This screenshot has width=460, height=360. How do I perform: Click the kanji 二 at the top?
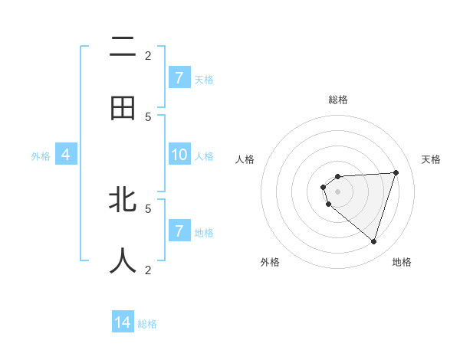tap(123, 47)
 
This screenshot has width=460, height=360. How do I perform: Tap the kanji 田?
tap(123, 107)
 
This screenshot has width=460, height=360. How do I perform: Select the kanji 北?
tap(123, 200)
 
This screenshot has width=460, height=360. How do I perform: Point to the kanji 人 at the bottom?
tap(123, 260)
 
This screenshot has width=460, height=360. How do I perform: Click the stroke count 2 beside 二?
tap(148, 55)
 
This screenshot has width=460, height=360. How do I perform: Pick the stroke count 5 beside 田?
tap(148, 116)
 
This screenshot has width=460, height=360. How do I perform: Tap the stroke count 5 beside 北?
tap(148, 208)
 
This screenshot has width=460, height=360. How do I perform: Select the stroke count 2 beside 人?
tap(148, 270)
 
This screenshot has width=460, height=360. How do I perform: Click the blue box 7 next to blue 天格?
tap(179, 77)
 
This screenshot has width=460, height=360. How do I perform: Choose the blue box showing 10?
tap(179, 155)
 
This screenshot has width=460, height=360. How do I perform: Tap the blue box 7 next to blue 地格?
tap(179, 231)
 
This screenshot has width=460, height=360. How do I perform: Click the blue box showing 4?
tap(66, 155)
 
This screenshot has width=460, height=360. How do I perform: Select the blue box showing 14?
tap(123, 322)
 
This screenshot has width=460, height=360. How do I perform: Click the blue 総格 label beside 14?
tap(147, 324)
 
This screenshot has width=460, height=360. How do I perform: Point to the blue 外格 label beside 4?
tap(41, 156)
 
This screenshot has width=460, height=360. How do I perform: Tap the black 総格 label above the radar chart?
tap(338, 100)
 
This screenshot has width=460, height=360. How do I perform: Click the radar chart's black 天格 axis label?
tap(432, 159)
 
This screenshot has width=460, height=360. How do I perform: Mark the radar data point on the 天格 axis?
tap(396, 172)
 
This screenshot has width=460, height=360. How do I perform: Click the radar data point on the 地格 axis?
tap(373, 242)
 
